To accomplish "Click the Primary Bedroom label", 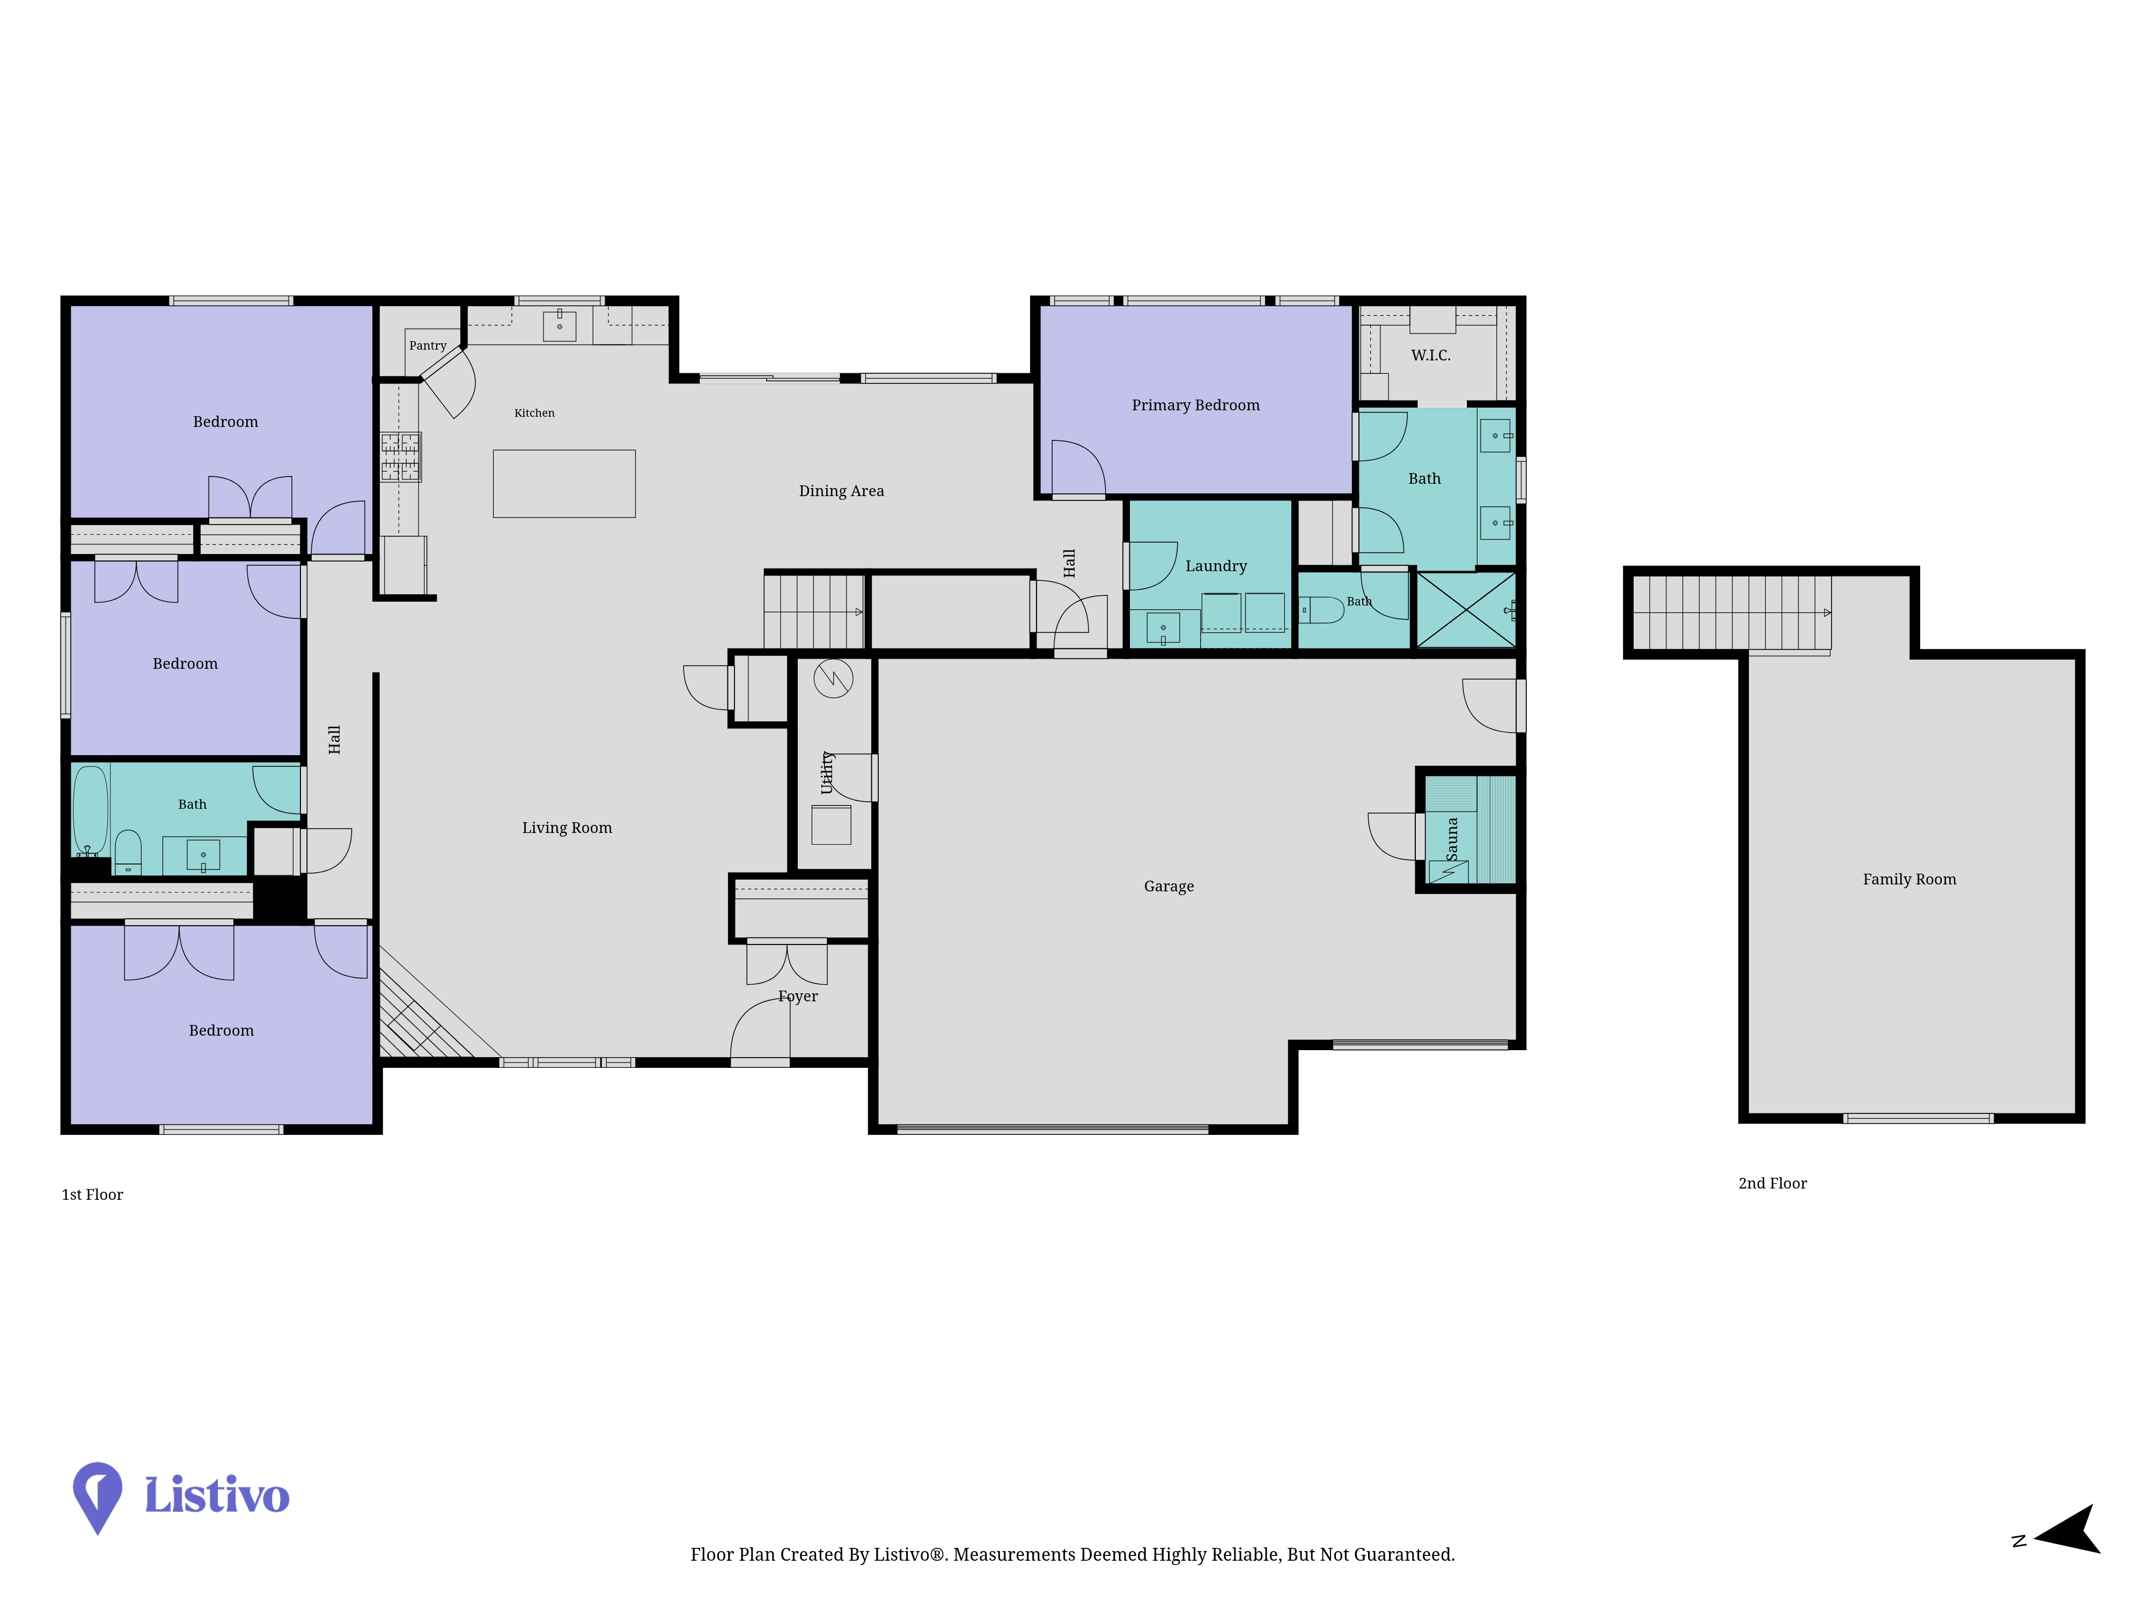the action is pos(1195,405).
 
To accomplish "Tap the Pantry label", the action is pos(428,345).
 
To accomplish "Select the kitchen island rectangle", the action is pos(564,483).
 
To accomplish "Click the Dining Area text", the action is pos(841,491).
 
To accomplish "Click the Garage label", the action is pos(1169,887).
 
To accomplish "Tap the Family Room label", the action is pos(1909,880).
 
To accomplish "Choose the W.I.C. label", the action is pos(1431,356).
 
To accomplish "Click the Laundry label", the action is pos(1216,566).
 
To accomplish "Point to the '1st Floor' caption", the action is pos(92,1195).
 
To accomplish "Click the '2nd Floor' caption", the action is pos(1773,1183).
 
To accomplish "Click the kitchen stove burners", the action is pos(401,457).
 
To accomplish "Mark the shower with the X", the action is pos(1466,609).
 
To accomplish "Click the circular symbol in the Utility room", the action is pos(833,679).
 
